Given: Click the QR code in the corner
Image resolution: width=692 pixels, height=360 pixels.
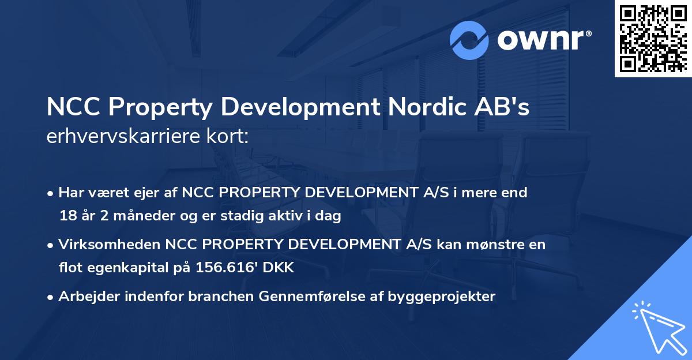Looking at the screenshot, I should pyautogui.click(x=653, y=39).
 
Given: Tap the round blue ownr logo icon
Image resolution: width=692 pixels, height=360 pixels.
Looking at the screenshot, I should pyautogui.click(x=469, y=40).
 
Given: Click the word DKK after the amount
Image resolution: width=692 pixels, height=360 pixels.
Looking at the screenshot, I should pyautogui.click(x=279, y=268).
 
